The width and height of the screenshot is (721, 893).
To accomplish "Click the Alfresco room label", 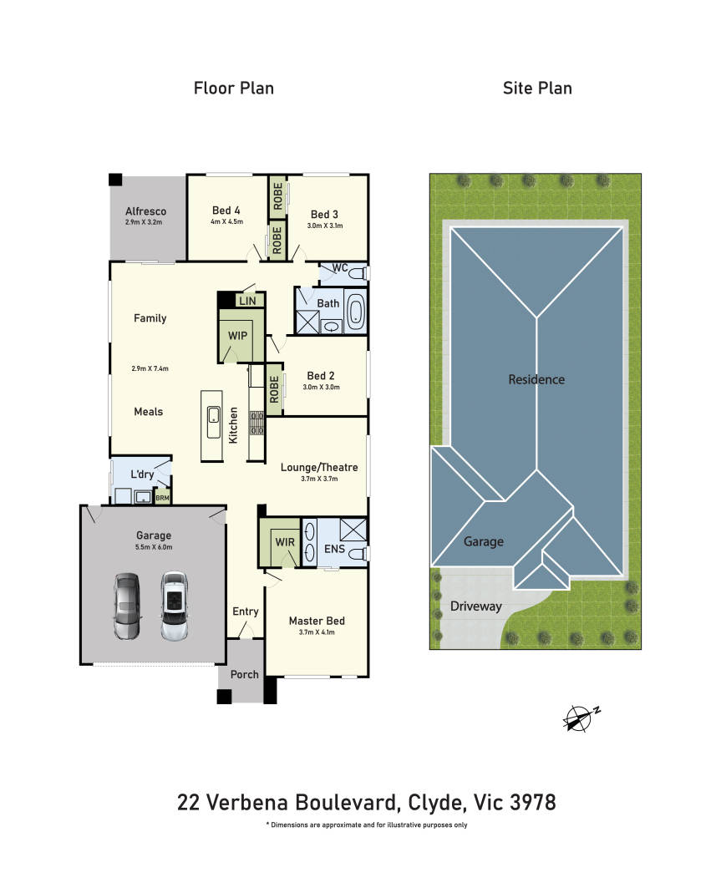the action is pyautogui.click(x=146, y=211).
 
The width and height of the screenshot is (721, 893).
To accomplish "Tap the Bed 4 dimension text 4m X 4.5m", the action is pyautogui.click(x=226, y=221).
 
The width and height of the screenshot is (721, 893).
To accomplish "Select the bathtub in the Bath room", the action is pyautogui.click(x=355, y=312).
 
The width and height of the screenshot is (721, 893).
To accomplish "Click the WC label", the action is pyautogui.click(x=340, y=267).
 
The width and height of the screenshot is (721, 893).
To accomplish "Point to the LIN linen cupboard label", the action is pyautogui.click(x=248, y=301).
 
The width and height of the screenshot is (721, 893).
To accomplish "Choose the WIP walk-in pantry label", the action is pyautogui.click(x=237, y=336).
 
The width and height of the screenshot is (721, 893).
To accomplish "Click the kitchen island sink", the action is pyautogui.click(x=214, y=422).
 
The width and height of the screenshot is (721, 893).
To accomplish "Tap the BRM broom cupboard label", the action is pyautogui.click(x=162, y=498).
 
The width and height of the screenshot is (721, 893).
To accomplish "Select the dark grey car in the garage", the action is pyautogui.click(x=126, y=606).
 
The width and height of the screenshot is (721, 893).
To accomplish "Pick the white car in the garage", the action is pyautogui.click(x=175, y=606).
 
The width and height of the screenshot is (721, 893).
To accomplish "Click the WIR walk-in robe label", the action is pyautogui.click(x=285, y=542).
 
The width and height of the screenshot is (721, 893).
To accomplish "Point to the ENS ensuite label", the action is pyautogui.click(x=334, y=549).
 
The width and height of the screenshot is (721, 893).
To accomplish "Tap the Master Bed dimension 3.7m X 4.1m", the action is pyautogui.click(x=317, y=632).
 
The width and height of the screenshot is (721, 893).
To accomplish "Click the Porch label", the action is pyautogui.click(x=244, y=674).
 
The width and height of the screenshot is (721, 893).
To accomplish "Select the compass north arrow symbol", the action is pyautogui.click(x=581, y=718).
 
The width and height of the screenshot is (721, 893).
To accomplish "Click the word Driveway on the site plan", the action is pyautogui.click(x=476, y=606).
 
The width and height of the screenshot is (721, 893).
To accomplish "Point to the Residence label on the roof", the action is pyautogui.click(x=536, y=379).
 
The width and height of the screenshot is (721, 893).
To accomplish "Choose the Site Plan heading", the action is pyautogui.click(x=537, y=89).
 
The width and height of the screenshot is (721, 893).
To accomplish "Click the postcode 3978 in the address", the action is pyautogui.click(x=532, y=802).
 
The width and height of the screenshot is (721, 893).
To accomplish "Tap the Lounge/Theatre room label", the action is pyautogui.click(x=319, y=468).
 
